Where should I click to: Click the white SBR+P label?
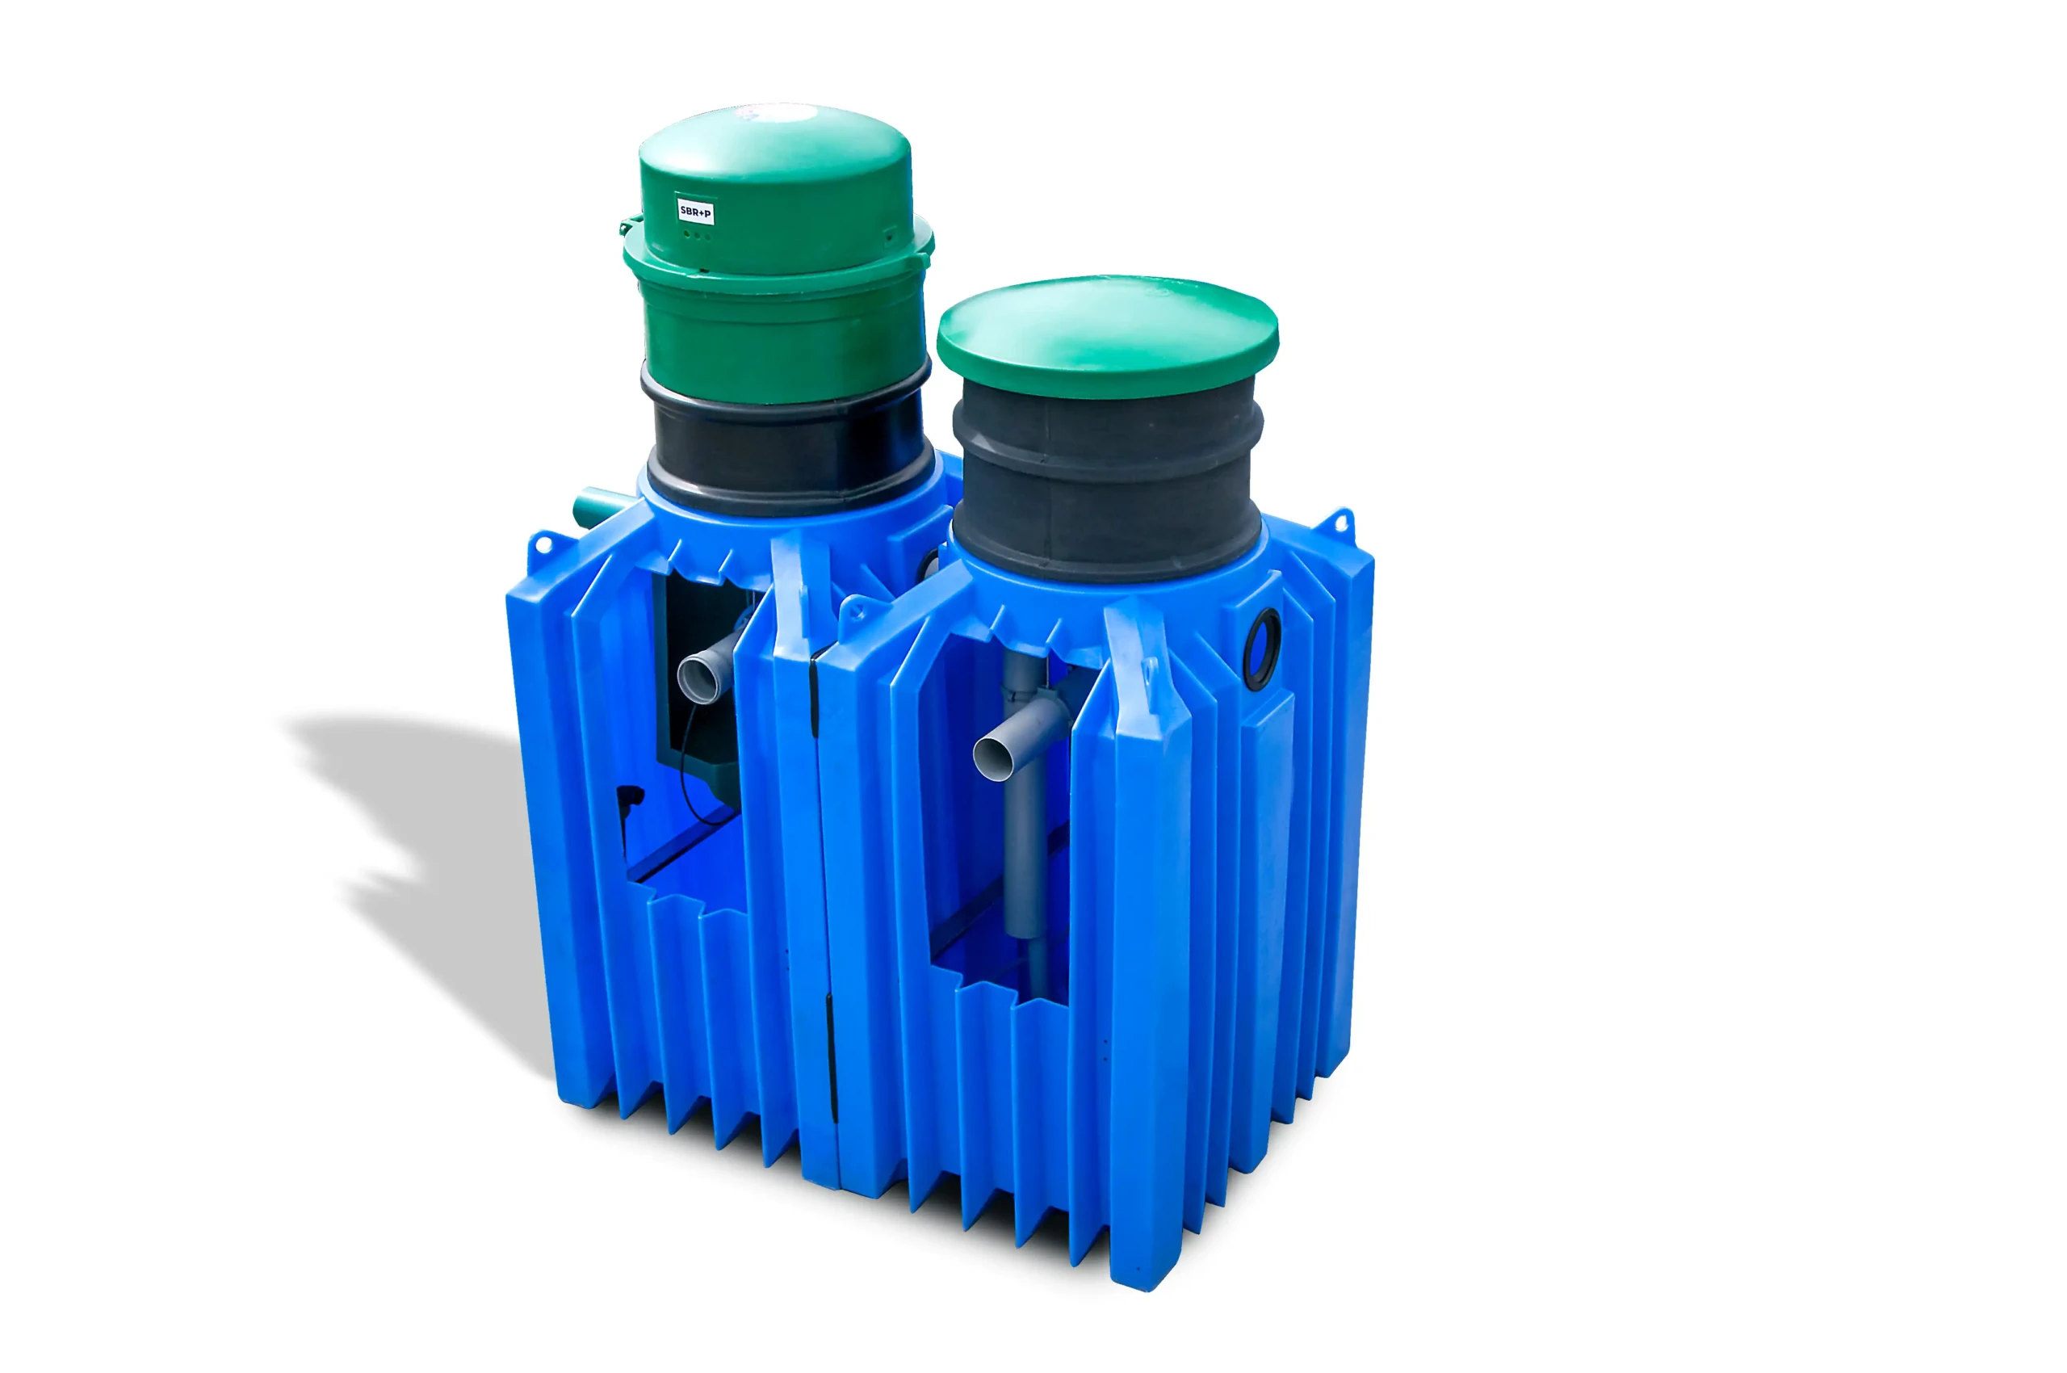coord(696,211)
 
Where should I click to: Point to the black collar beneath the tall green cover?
coord(788,447)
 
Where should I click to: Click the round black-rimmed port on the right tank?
coord(1261,649)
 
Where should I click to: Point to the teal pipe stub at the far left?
coord(599,507)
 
